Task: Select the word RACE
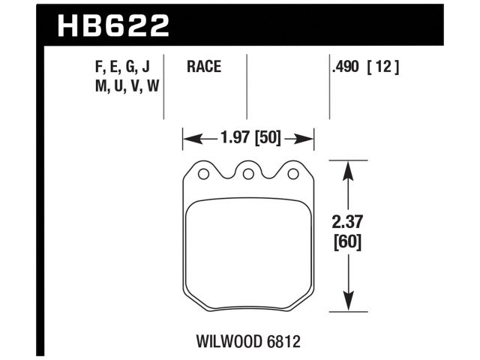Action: tap(203, 67)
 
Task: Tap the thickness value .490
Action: tap(346, 67)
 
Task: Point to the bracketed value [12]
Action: tap(383, 67)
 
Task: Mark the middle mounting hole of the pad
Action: tap(247, 175)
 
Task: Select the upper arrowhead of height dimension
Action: tap(346, 168)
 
